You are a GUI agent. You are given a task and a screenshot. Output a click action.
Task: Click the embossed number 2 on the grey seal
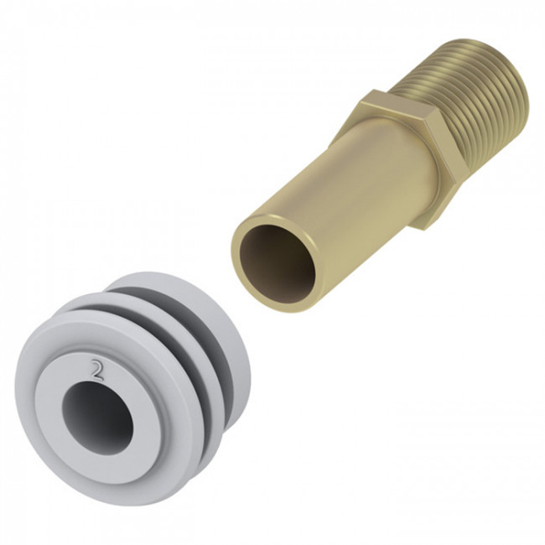(97, 371)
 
